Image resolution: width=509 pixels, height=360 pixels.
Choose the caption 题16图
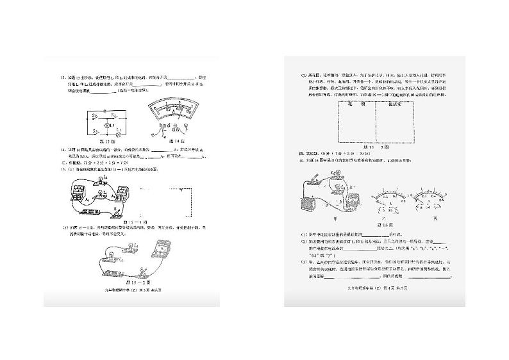385,225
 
